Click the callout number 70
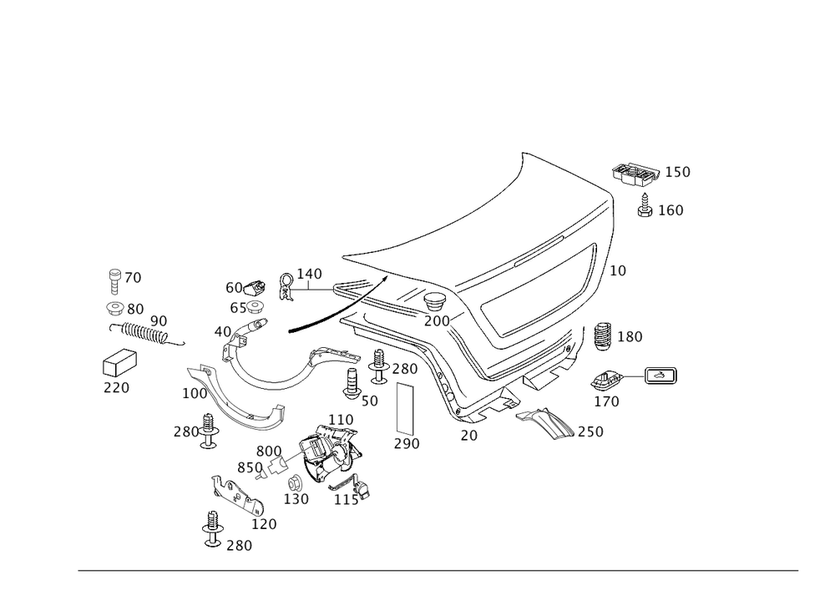coord(133,275)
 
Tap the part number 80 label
coord(134,308)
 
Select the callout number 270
coord(116,388)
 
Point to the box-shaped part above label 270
coord(118,364)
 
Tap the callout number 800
coord(267,451)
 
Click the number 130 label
coord(296,499)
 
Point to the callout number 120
coord(264,525)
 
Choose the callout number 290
coord(407,442)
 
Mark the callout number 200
coord(436,320)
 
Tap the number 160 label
coord(670,210)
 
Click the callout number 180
coord(630,337)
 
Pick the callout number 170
coord(607,401)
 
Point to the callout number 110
coord(342,417)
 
